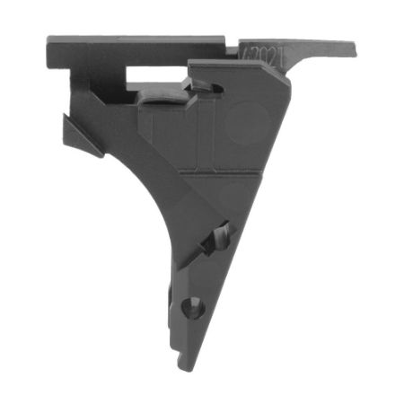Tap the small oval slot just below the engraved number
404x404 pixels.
pyautogui.click(x=206, y=85)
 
